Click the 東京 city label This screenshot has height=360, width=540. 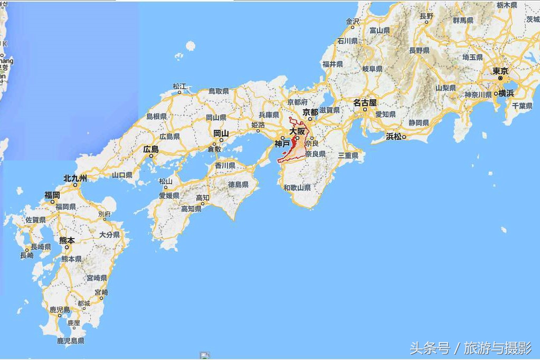500,71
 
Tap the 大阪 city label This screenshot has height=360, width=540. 297,131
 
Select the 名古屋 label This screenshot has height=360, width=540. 365,102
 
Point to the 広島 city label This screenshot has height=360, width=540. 150,149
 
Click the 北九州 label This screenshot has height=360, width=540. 75,178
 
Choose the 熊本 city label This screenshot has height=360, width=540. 67,240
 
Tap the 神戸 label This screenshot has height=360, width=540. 282,144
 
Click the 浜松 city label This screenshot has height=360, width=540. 394,136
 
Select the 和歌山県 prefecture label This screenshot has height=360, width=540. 297,187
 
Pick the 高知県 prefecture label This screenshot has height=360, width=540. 191,209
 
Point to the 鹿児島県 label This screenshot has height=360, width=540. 70,341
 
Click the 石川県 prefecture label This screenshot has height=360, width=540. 347,41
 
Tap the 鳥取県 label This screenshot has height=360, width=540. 219,91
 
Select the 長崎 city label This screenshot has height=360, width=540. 27,255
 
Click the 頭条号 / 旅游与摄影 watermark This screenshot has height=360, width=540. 471,348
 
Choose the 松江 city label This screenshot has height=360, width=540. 179,86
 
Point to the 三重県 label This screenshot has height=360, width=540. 348,155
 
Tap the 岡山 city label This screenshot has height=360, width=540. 221,133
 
